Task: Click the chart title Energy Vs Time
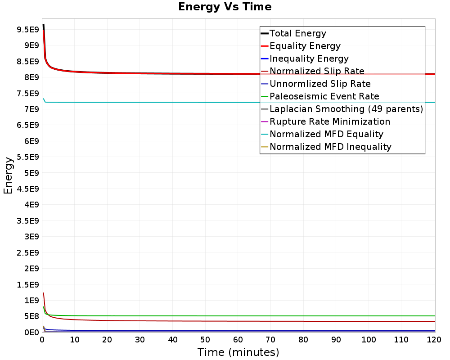pyautogui.click(x=225, y=7)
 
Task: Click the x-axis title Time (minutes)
pyautogui.click(x=238, y=352)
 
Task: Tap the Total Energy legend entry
pyautogui.click(x=297, y=33)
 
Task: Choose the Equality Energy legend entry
pyautogui.click(x=305, y=46)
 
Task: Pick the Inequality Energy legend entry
pyautogui.click(x=309, y=58)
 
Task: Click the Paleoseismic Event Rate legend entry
pyautogui.click(x=324, y=96)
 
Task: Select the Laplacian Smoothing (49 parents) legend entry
pyautogui.click(x=346, y=109)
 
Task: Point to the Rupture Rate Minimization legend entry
pyautogui.click(x=329, y=121)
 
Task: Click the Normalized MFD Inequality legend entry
pyautogui.click(x=330, y=147)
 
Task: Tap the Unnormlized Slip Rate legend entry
pyautogui.click(x=320, y=84)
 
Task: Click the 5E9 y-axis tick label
pyautogui.click(x=31, y=173)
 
